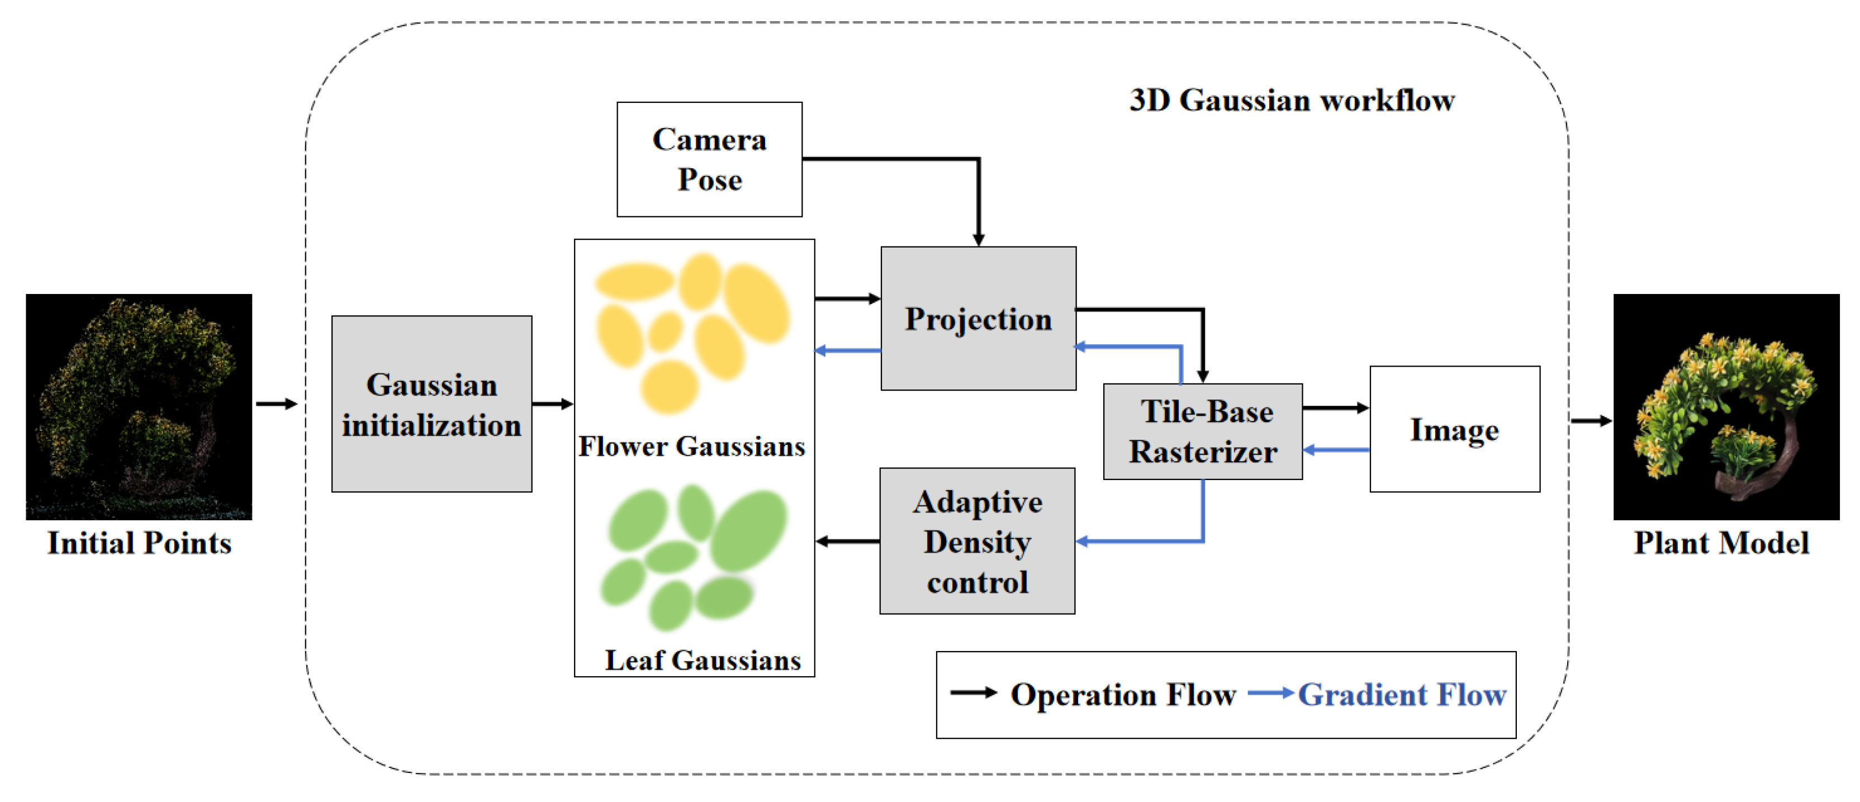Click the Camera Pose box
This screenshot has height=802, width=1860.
click(x=709, y=159)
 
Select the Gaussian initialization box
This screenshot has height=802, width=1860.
click(x=432, y=404)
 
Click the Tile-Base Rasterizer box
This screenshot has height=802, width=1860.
click(x=1203, y=431)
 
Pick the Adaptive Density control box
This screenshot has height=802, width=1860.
click(x=977, y=542)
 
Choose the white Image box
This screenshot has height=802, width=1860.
click(x=1454, y=430)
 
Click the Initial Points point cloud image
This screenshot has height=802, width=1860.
click(x=139, y=406)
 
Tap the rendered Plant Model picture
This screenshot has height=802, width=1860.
click(x=1726, y=406)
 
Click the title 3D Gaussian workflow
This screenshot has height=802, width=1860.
click(x=1291, y=101)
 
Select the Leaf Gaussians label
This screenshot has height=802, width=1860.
click(x=703, y=660)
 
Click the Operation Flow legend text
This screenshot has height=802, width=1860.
click(x=1123, y=695)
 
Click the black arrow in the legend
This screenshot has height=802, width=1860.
click(x=972, y=693)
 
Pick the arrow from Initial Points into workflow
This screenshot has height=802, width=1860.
click(x=277, y=404)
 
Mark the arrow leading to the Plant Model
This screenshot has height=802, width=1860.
click(x=1591, y=421)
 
